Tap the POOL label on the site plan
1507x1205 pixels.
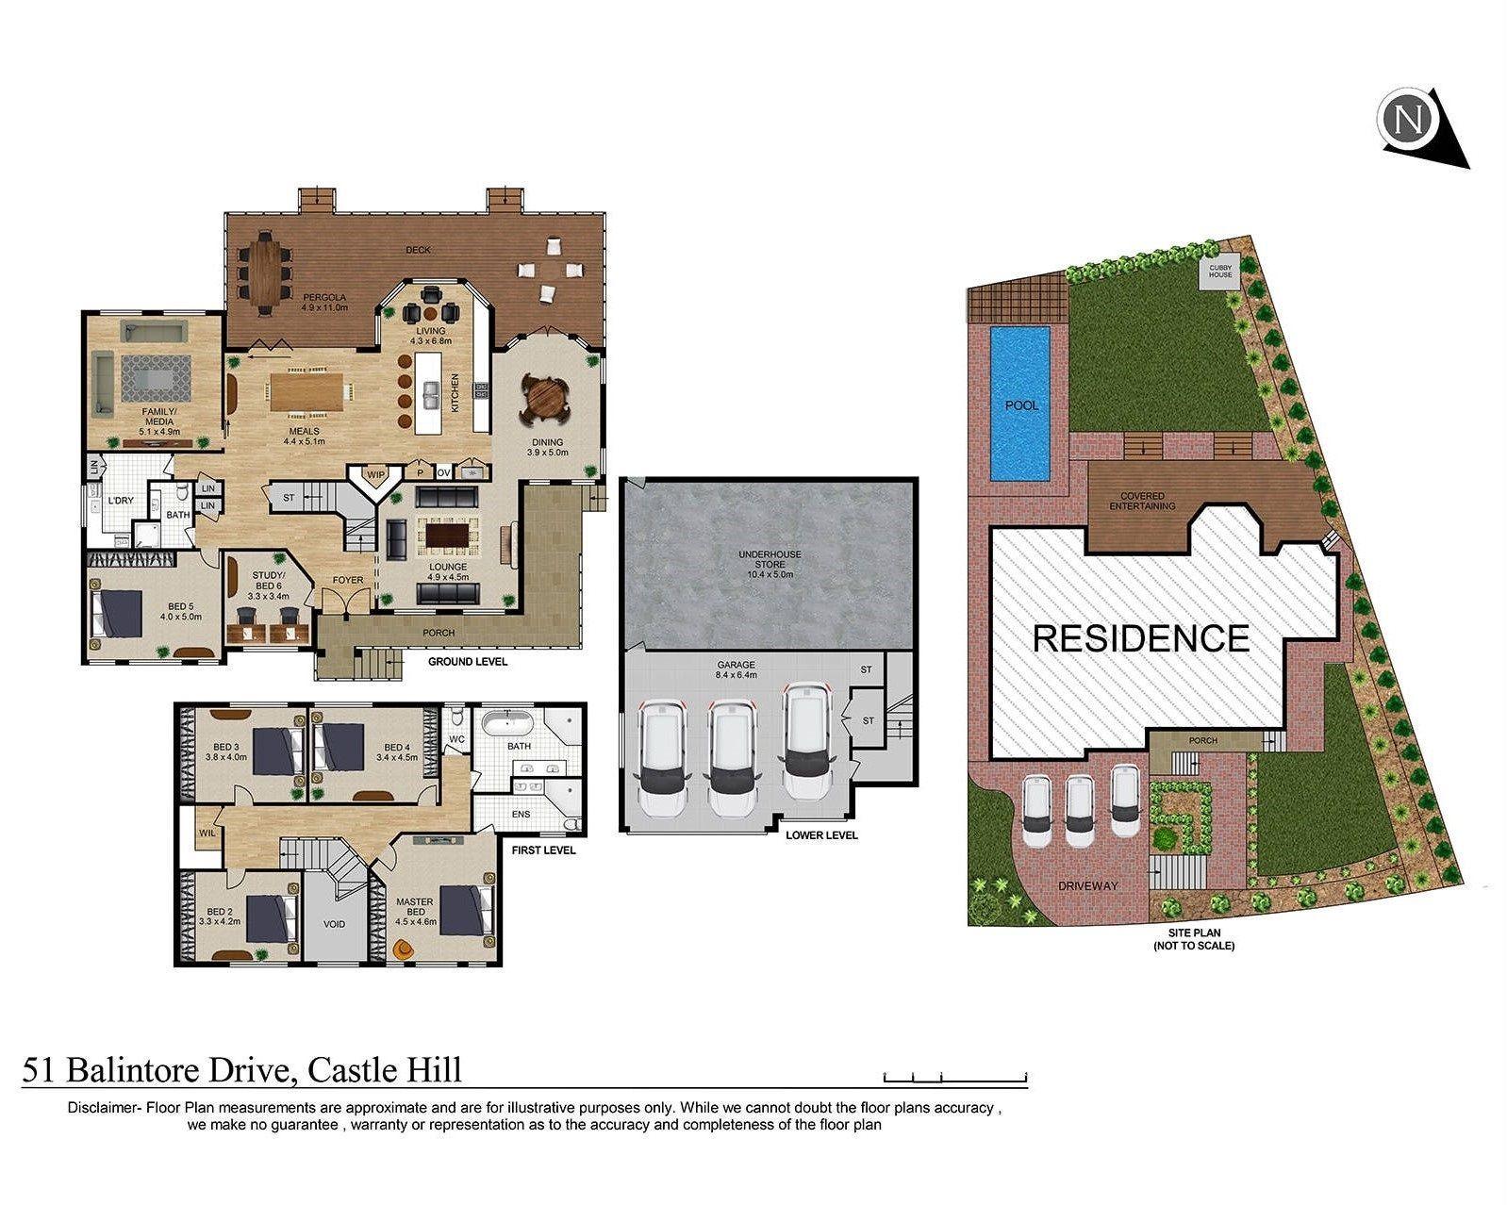click(x=1020, y=405)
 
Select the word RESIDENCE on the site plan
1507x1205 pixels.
click(x=1141, y=638)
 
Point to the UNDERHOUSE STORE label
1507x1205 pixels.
click(x=770, y=562)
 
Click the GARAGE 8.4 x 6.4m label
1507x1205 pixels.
click(x=736, y=670)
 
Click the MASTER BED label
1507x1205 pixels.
click(x=414, y=907)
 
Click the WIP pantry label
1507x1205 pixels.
click(x=376, y=474)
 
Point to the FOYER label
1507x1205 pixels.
click(x=348, y=580)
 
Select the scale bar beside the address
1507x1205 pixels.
click(x=954, y=1077)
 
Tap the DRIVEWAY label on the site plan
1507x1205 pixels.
click(x=1087, y=886)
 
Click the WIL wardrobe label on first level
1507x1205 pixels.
click(x=207, y=834)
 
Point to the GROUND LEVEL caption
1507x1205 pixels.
click(x=468, y=662)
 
